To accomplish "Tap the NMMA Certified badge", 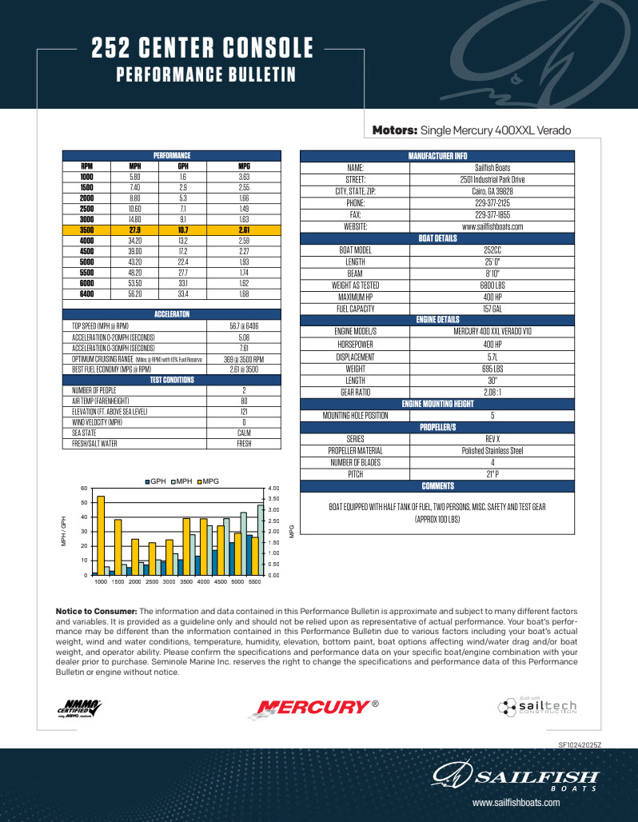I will (x=79, y=707).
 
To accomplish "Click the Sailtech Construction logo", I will (x=536, y=707).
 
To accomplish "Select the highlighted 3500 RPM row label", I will (x=87, y=229).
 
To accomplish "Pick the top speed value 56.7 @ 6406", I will (x=244, y=326).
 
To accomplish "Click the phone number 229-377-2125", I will (x=492, y=203).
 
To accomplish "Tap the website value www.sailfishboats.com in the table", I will (x=492, y=226).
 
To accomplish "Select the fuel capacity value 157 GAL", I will (x=492, y=309).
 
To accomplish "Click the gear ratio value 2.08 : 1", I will (x=492, y=392).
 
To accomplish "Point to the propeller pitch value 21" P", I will (x=492, y=474).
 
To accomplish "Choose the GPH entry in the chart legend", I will (x=155, y=481).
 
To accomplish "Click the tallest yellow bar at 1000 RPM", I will (x=101, y=535).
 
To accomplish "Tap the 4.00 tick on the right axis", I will (x=273, y=488).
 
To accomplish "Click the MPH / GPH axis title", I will (x=65, y=531).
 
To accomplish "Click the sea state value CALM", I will (x=244, y=433).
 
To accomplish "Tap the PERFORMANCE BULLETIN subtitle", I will (x=206, y=75).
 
